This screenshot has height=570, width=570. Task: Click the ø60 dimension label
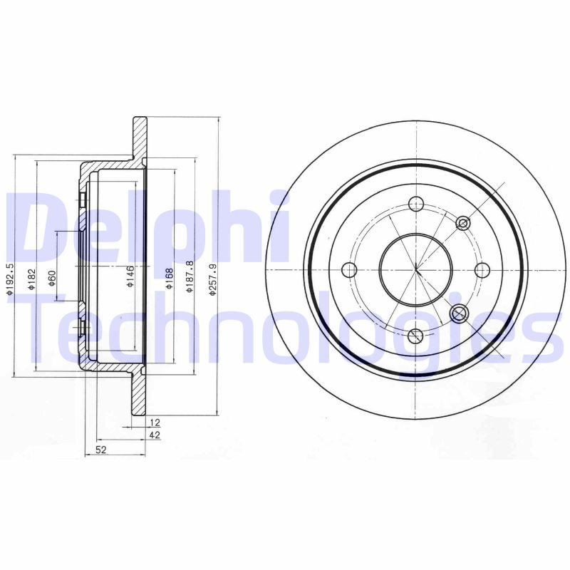52,278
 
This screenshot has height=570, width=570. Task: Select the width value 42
154,435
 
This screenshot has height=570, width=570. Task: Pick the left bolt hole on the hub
349,270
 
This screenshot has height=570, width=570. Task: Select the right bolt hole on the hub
482,270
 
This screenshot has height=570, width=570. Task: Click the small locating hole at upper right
463,224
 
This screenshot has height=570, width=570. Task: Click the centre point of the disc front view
415,270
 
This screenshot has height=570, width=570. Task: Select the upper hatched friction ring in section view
139,139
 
